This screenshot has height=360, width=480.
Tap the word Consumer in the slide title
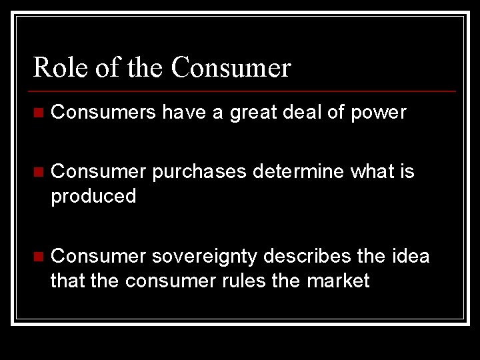tap(231, 67)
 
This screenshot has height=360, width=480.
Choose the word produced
tap(93, 197)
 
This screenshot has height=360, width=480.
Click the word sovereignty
tap(205, 257)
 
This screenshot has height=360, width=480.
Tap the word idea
tap(410, 256)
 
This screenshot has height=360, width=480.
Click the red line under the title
tap(244, 91)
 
